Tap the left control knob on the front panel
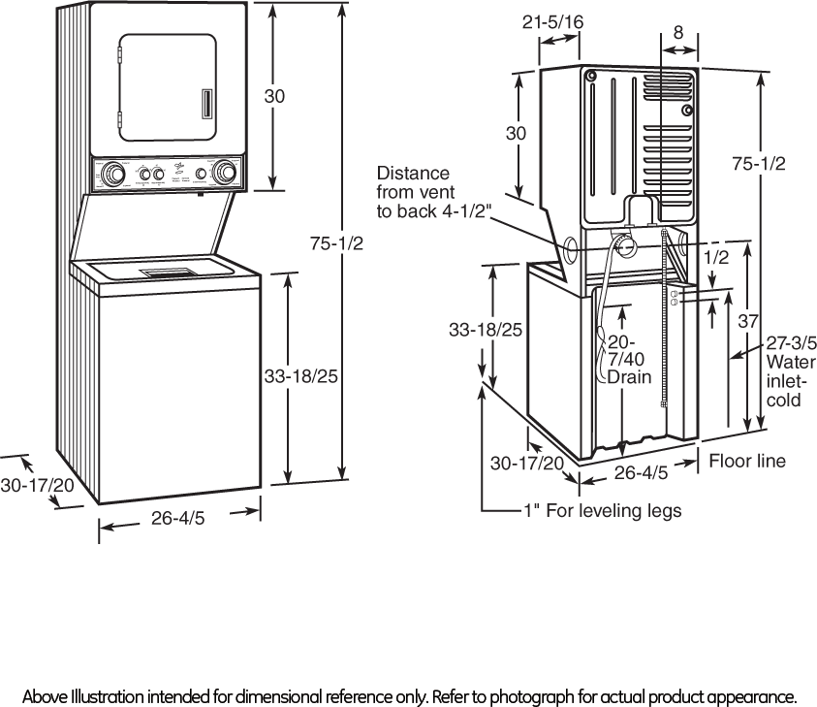tap(113, 175)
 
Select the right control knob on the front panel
tap(226, 174)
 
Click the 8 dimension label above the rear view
tap(677, 32)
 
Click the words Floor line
tap(746, 462)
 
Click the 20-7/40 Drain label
tap(621, 359)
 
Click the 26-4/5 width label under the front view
tap(177, 520)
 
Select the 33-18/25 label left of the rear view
tap(486, 331)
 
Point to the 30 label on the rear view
tap(516, 134)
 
